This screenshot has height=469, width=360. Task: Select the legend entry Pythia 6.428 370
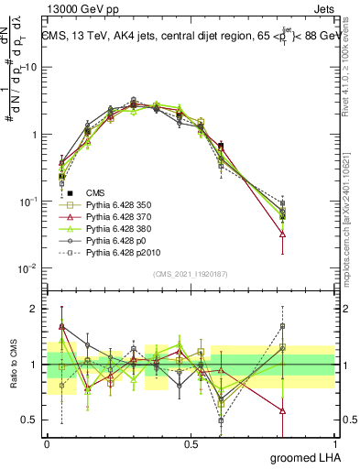point(114,218)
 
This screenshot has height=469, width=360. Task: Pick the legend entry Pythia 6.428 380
point(114,230)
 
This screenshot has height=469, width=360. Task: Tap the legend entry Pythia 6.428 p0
point(111,242)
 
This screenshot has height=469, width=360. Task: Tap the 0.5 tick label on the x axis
point(191,442)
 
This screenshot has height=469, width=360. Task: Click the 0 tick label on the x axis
point(47,442)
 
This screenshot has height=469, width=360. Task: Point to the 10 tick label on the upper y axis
point(32,68)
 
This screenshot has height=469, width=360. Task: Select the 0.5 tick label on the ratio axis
point(29,420)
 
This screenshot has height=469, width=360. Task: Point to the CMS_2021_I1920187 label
point(191,274)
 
